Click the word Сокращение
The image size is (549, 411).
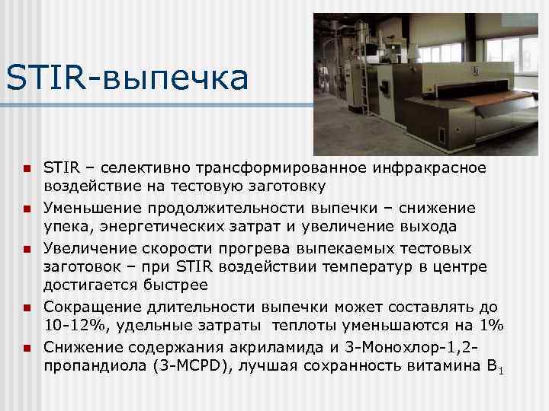90,307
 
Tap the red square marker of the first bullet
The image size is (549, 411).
25,168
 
